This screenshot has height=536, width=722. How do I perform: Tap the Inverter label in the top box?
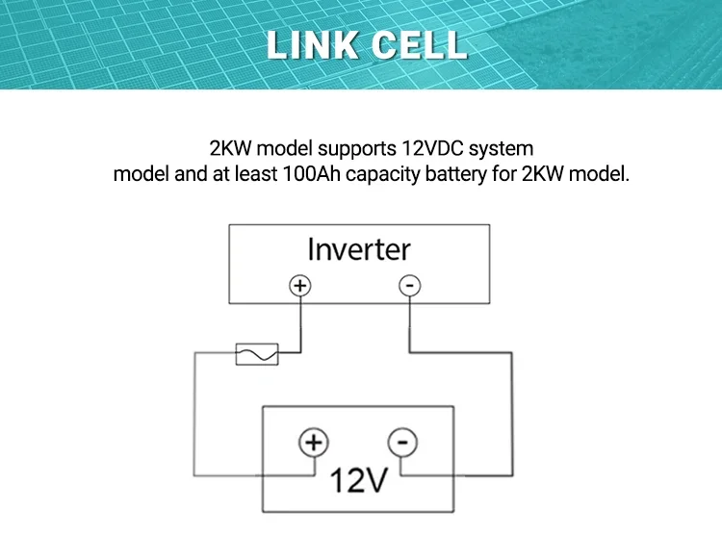click(x=359, y=249)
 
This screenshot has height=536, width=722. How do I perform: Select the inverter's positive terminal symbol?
click(x=300, y=286)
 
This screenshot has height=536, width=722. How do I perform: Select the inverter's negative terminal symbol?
click(x=409, y=286)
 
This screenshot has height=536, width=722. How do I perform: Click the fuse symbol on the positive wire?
click(x=257, y=354)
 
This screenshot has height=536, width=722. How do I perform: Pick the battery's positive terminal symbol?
click(x=313, y=443)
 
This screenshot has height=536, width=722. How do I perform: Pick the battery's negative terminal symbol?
click(x=402, y=443)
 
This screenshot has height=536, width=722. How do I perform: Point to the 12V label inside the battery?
click(x=358, y=480)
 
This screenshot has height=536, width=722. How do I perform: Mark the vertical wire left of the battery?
click(x=196, y=414)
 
